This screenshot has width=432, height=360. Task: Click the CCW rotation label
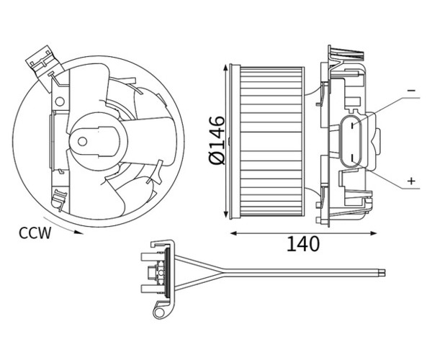(35, 233)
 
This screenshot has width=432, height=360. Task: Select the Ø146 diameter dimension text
(217, 140)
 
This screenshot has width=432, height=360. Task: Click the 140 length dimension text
(303, 244)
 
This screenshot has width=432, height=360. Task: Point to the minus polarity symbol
(411, 91)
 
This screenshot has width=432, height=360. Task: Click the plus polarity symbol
(411, 181)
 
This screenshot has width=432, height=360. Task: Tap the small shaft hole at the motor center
(82, 142)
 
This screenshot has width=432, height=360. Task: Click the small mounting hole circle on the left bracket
(60, 102)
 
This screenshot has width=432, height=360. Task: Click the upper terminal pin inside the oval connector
(352, 125)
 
